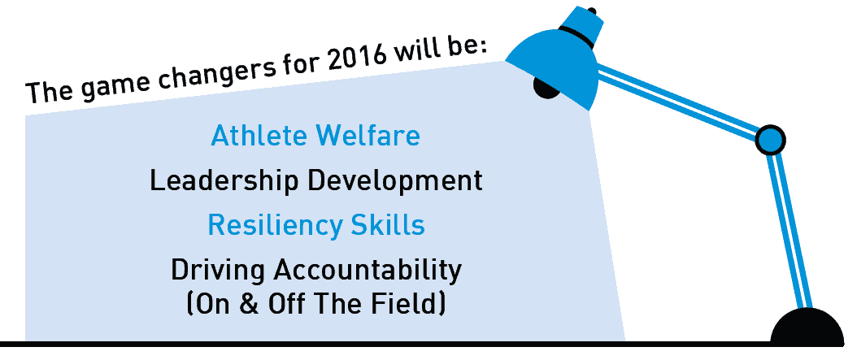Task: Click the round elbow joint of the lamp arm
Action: tap(770, 140)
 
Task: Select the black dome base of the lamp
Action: tap(807, 327)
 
